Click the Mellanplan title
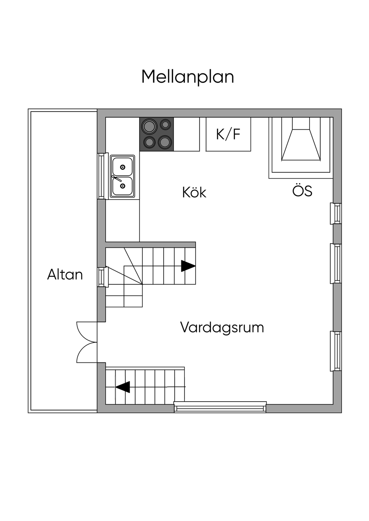(187, 77)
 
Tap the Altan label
(65, 275)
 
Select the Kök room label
(194, 193)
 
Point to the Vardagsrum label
(222, 328)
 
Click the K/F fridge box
(228, 134)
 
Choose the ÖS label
(302, 191)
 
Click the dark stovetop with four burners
(156, 134)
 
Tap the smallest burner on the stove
(165, 125)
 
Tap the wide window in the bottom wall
(220, 407)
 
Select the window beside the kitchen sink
(102, 176)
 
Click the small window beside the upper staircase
(102, 277)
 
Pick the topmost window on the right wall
(337, 214)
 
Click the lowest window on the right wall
(337, 351)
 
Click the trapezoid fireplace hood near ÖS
(301, 144)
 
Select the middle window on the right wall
(337, 264)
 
